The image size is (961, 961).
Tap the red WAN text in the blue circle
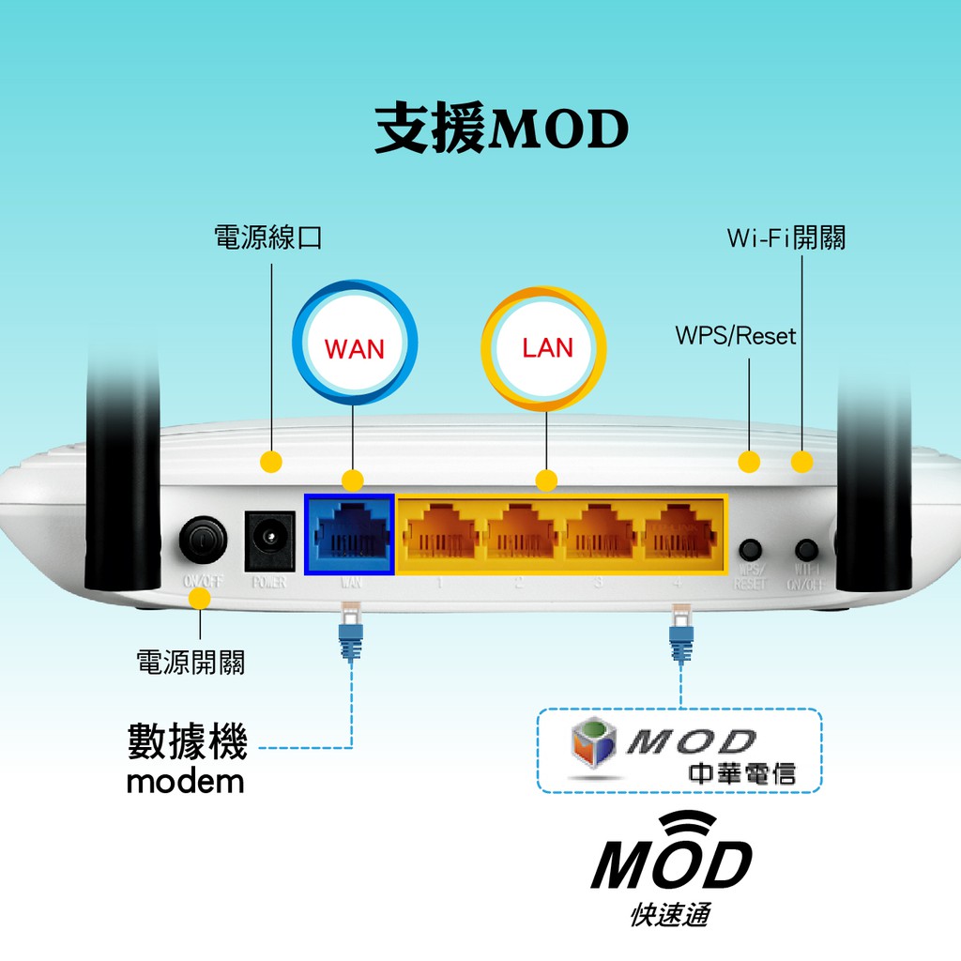(x=355, y=349)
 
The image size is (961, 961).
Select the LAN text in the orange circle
(x=547, y=348)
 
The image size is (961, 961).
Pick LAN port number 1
(x=441, y=534)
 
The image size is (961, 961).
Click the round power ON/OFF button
(x=202, y=539)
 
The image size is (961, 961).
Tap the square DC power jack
(x=269, y=541)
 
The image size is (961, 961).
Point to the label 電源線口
(x=268, y=237)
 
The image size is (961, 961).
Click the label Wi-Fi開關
(x=786, y=237)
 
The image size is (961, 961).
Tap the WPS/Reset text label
(x=736, y=335)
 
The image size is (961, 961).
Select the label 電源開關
(x=191, y=663)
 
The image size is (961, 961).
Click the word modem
(x=185, y=781)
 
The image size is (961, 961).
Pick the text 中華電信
(x=741, y=773)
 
